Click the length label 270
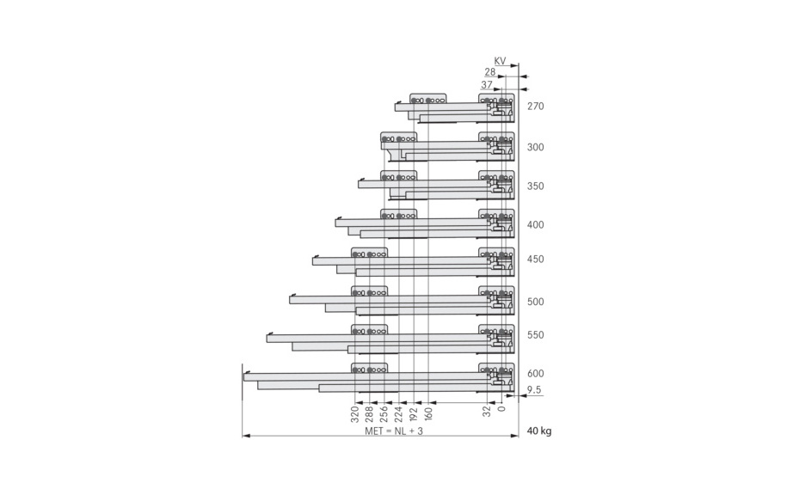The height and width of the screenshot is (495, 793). pos(536,107)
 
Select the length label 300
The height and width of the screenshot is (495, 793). pos(536,147)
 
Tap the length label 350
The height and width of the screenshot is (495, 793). pos(536,186)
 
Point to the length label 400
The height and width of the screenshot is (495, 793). pos(536,225)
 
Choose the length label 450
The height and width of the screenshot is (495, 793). pos(536,260)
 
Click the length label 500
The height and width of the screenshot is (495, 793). pos(536,302)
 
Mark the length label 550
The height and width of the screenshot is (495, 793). pos(536,335)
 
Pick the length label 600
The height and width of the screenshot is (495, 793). pos(536,374)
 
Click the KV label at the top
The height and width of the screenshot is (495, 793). pos(501,62)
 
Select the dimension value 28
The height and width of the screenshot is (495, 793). pos(489,73)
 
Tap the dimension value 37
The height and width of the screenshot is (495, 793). pos(487,85)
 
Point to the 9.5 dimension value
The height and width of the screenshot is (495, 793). pos(534,390)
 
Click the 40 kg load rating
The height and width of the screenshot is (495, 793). pos(539,431)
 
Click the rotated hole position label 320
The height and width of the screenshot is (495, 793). pos(355,413)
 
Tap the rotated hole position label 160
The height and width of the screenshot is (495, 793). pos(428,413)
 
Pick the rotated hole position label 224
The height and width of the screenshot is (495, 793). pos(399,413)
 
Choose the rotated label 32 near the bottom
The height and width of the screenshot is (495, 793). pos(487,411)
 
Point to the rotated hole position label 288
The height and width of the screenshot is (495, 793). pos(370,413)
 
